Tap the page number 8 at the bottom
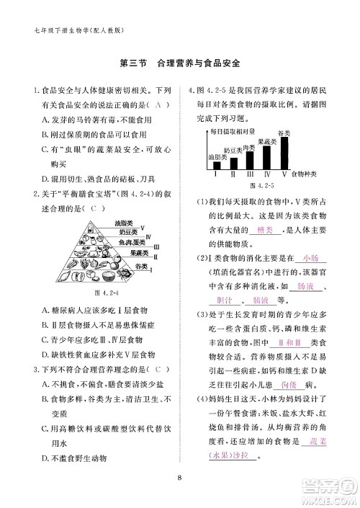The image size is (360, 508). [179, 475]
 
